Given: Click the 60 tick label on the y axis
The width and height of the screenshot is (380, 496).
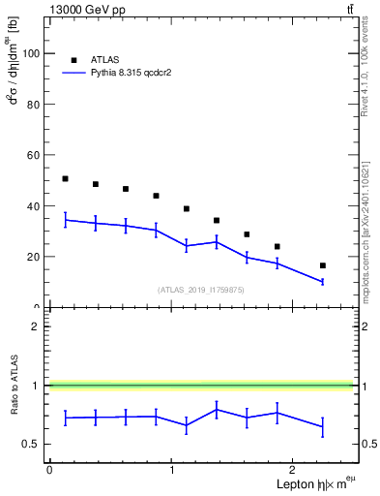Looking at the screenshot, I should coord(34,155).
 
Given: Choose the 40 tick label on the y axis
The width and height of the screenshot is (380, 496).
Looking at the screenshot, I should coord(34,206).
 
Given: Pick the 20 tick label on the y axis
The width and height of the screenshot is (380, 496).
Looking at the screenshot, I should coord(34,257).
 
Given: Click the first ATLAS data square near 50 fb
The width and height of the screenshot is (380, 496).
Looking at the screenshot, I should coord(65,179).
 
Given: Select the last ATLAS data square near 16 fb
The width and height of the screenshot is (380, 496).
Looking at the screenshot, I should coord(322,265).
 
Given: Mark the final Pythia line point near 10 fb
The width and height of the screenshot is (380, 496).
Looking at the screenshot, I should coord(322,282).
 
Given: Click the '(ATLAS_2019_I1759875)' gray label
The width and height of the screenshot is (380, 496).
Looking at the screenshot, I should coord(201,289).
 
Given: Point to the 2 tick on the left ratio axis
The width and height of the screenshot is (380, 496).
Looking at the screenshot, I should coord(38,326).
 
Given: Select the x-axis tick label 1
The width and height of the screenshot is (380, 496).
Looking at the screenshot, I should coord(172,470).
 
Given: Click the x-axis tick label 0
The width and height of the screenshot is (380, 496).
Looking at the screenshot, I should coord(49,470).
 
